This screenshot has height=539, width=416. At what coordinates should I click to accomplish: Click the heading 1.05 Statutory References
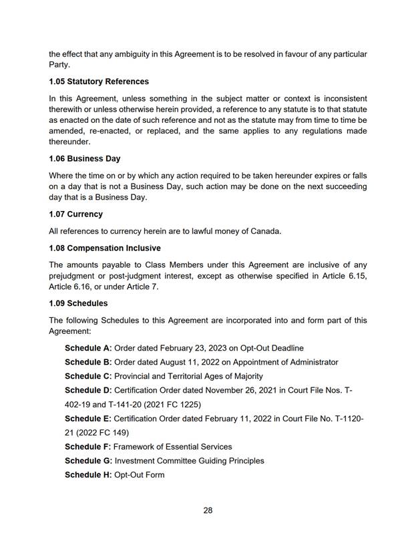(99, 81)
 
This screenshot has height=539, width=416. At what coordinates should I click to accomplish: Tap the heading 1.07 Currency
(75, 214)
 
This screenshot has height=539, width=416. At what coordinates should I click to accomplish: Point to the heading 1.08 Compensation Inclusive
(104, 248)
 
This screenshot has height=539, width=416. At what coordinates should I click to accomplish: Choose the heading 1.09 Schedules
(78, 303)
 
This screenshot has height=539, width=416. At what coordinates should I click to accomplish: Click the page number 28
(208, 510)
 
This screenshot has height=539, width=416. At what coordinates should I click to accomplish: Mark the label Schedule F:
(88, 446)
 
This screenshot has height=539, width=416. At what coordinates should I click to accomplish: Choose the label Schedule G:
(89, 461)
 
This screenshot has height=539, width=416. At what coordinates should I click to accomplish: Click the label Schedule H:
(88, 475)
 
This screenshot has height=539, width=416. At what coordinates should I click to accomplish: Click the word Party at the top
(61, 64)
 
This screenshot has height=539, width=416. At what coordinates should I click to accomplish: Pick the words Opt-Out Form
(139, 475)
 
